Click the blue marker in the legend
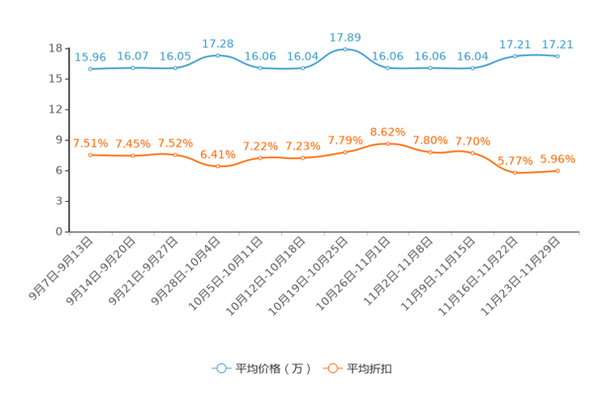221,368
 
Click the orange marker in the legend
332,368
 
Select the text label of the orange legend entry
370,369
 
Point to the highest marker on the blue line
345,49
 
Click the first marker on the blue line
91,69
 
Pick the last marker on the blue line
558,57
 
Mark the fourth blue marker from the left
217,55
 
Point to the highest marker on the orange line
387,143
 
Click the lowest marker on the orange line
515,173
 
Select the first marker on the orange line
91,155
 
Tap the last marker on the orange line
558,170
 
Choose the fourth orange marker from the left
217,166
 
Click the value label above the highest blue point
345,37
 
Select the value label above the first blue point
91,57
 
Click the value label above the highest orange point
387,131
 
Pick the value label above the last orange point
558,158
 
